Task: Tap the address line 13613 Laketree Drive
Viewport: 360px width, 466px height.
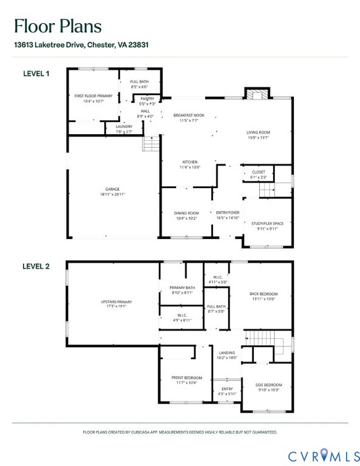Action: [x=81, y=45]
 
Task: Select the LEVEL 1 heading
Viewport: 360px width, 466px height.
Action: [x=36, y=73]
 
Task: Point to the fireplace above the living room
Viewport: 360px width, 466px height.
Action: [x=255, y=94]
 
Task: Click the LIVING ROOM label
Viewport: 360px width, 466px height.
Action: [x=258, y=132]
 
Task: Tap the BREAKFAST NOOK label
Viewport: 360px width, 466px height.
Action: [x=189, y=115]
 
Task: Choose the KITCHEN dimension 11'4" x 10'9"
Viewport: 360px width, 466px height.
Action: [x=190, y=167]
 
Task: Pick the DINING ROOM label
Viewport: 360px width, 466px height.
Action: [x=187, y=213]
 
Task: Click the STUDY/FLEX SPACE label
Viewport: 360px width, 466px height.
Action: [x=267, y=223]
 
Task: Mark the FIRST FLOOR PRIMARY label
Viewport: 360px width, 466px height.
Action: [x=93, y=96]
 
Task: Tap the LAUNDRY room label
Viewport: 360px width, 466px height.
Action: [x=124, y=127]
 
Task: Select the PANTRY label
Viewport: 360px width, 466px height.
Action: [x=148, y=98]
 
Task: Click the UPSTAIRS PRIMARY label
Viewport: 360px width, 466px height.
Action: [x=116, y=302]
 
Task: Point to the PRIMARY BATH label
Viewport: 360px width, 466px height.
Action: [x=182, y=288]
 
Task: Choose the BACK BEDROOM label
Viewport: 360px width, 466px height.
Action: [x=263, y=294]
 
